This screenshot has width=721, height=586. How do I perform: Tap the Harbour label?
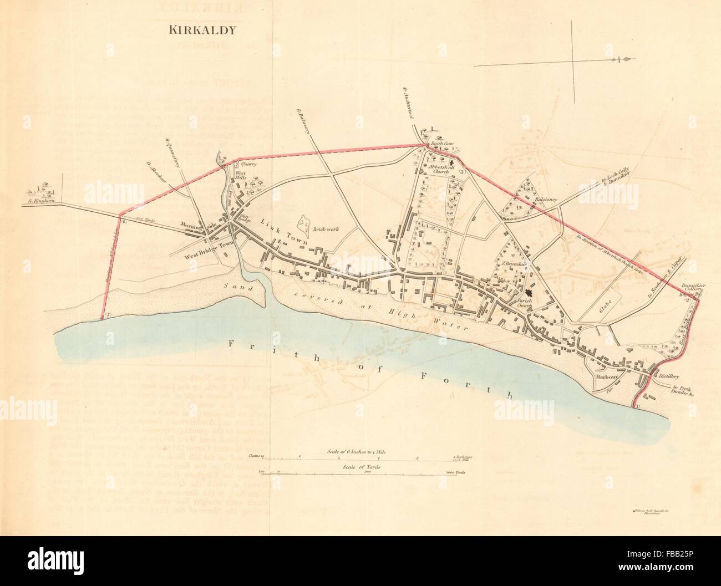pos(603,375)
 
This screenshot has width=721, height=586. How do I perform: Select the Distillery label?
pos(670,375)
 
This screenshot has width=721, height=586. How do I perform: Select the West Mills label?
pos(241,176)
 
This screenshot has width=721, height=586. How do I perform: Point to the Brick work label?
pos(326,229)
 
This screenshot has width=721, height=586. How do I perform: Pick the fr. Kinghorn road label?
pos(42,202)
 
